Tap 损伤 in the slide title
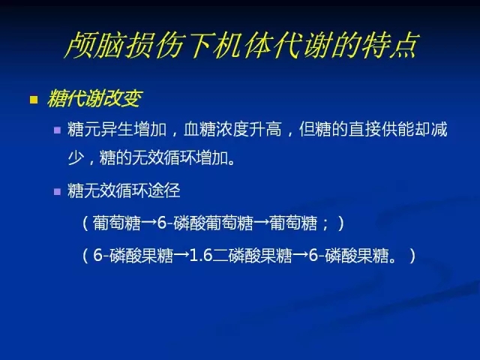point(154,45)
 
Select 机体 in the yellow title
point(243,45)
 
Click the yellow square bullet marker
point(34,100)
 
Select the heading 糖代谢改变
point(94,98)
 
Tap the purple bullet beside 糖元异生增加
point(57,130)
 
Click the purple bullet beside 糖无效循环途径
point(57,192)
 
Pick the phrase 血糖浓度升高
point(232,129)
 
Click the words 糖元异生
point(100,129)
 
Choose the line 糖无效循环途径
point(124,190)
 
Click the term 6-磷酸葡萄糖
point(205,223)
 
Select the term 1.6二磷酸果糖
point(241,255)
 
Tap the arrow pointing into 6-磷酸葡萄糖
point(149,223)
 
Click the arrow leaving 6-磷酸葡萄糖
point(262,223)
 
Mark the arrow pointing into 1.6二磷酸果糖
point(181,256)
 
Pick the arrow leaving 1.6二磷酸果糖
point(300,256)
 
